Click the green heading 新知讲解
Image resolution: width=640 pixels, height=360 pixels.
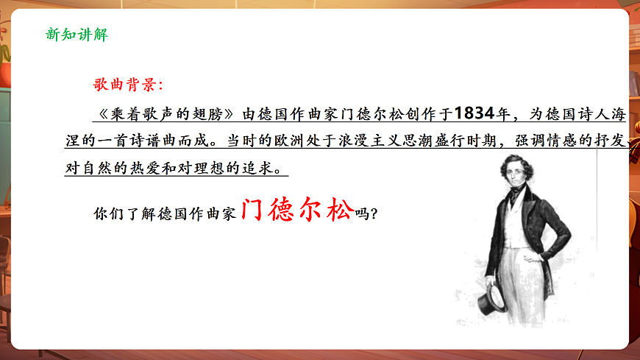(77, 34)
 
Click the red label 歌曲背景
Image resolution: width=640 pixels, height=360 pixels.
(122, 85)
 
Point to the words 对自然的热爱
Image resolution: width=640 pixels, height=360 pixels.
(107, 167)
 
